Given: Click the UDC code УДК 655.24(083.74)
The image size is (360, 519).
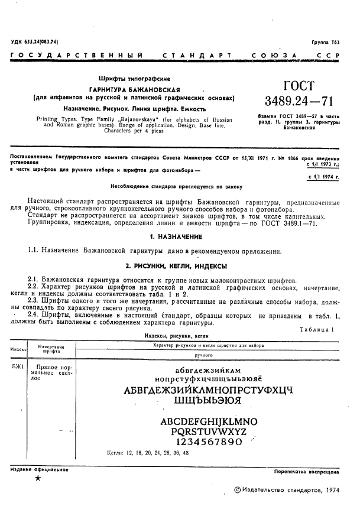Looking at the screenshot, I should (37, 42).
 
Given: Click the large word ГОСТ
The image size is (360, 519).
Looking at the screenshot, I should (300, 86).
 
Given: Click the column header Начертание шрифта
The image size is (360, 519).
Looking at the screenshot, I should (52, 349).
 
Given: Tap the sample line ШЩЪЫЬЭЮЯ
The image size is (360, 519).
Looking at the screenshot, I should (207, 400).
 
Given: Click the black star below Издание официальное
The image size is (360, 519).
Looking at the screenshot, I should (38, 478).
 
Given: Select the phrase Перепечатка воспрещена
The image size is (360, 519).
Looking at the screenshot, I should (306, 473).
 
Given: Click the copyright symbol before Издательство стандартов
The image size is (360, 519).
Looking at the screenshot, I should (238, 489).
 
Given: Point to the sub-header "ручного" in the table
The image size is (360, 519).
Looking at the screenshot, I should (203, 356).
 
